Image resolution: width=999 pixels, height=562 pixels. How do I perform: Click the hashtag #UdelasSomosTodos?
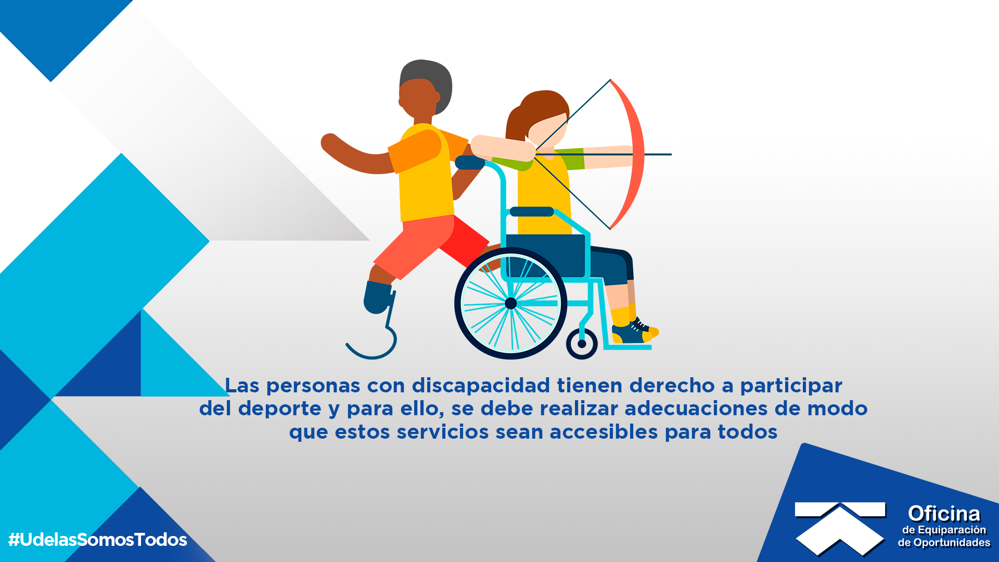click(x=97, y=540)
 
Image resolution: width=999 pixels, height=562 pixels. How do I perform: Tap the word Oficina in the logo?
click(x=944, y=514)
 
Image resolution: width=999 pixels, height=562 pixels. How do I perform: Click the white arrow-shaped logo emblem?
click(x=840, y=527)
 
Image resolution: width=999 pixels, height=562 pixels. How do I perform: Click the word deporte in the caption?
click(x=280, y=409)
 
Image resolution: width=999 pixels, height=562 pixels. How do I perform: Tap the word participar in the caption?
click(x=791, y=386)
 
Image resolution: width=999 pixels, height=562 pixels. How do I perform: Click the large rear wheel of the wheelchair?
click(x=510, y=303)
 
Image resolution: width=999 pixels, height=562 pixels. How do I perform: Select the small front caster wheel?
click(x=582, y=343)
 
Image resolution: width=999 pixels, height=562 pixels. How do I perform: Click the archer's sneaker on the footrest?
click(x=635, y=332)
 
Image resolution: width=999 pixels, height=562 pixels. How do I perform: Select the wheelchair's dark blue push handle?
click(x=470, y=162)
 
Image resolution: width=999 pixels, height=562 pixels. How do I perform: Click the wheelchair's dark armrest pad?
click(x=532, y=211)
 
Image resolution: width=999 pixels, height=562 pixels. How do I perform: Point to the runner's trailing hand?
click(x=329, y=143)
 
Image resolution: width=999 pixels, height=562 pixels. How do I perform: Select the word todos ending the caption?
click(x=748, y=432)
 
